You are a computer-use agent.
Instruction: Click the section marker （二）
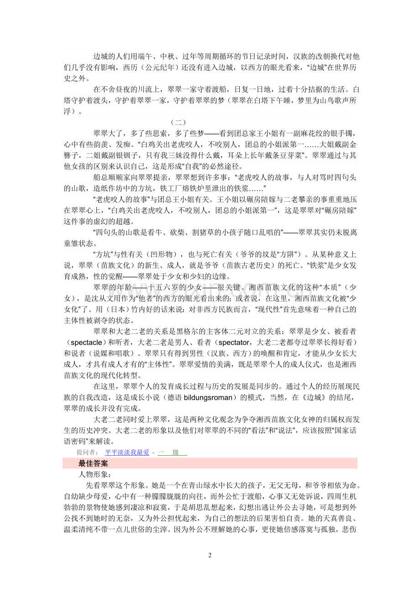178,122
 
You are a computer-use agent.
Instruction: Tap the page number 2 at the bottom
210,555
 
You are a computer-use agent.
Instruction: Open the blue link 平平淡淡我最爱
127,452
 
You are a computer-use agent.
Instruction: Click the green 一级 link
172,452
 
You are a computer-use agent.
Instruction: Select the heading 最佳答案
93,463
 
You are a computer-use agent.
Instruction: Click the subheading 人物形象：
92,474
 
